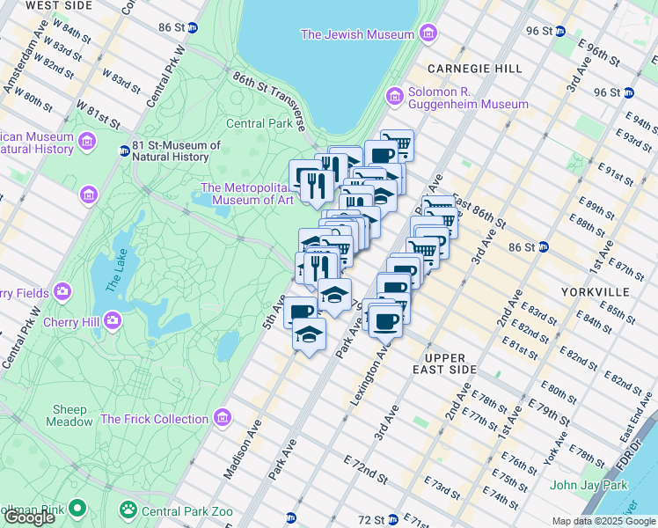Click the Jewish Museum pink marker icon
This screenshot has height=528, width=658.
point(428,34)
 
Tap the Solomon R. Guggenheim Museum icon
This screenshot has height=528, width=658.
point(394,95)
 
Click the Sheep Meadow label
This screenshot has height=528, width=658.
point(70,415)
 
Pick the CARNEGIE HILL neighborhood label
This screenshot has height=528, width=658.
point(474,69)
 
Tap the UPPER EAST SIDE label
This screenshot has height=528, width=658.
point(462,364)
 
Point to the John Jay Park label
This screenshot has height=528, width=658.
point(589,485)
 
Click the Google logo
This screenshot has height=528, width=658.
point(29,518)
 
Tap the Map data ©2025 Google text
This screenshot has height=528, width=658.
point(603,521)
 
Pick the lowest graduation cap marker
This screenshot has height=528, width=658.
point(309,335)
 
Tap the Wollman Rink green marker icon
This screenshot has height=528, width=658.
point(77,509)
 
